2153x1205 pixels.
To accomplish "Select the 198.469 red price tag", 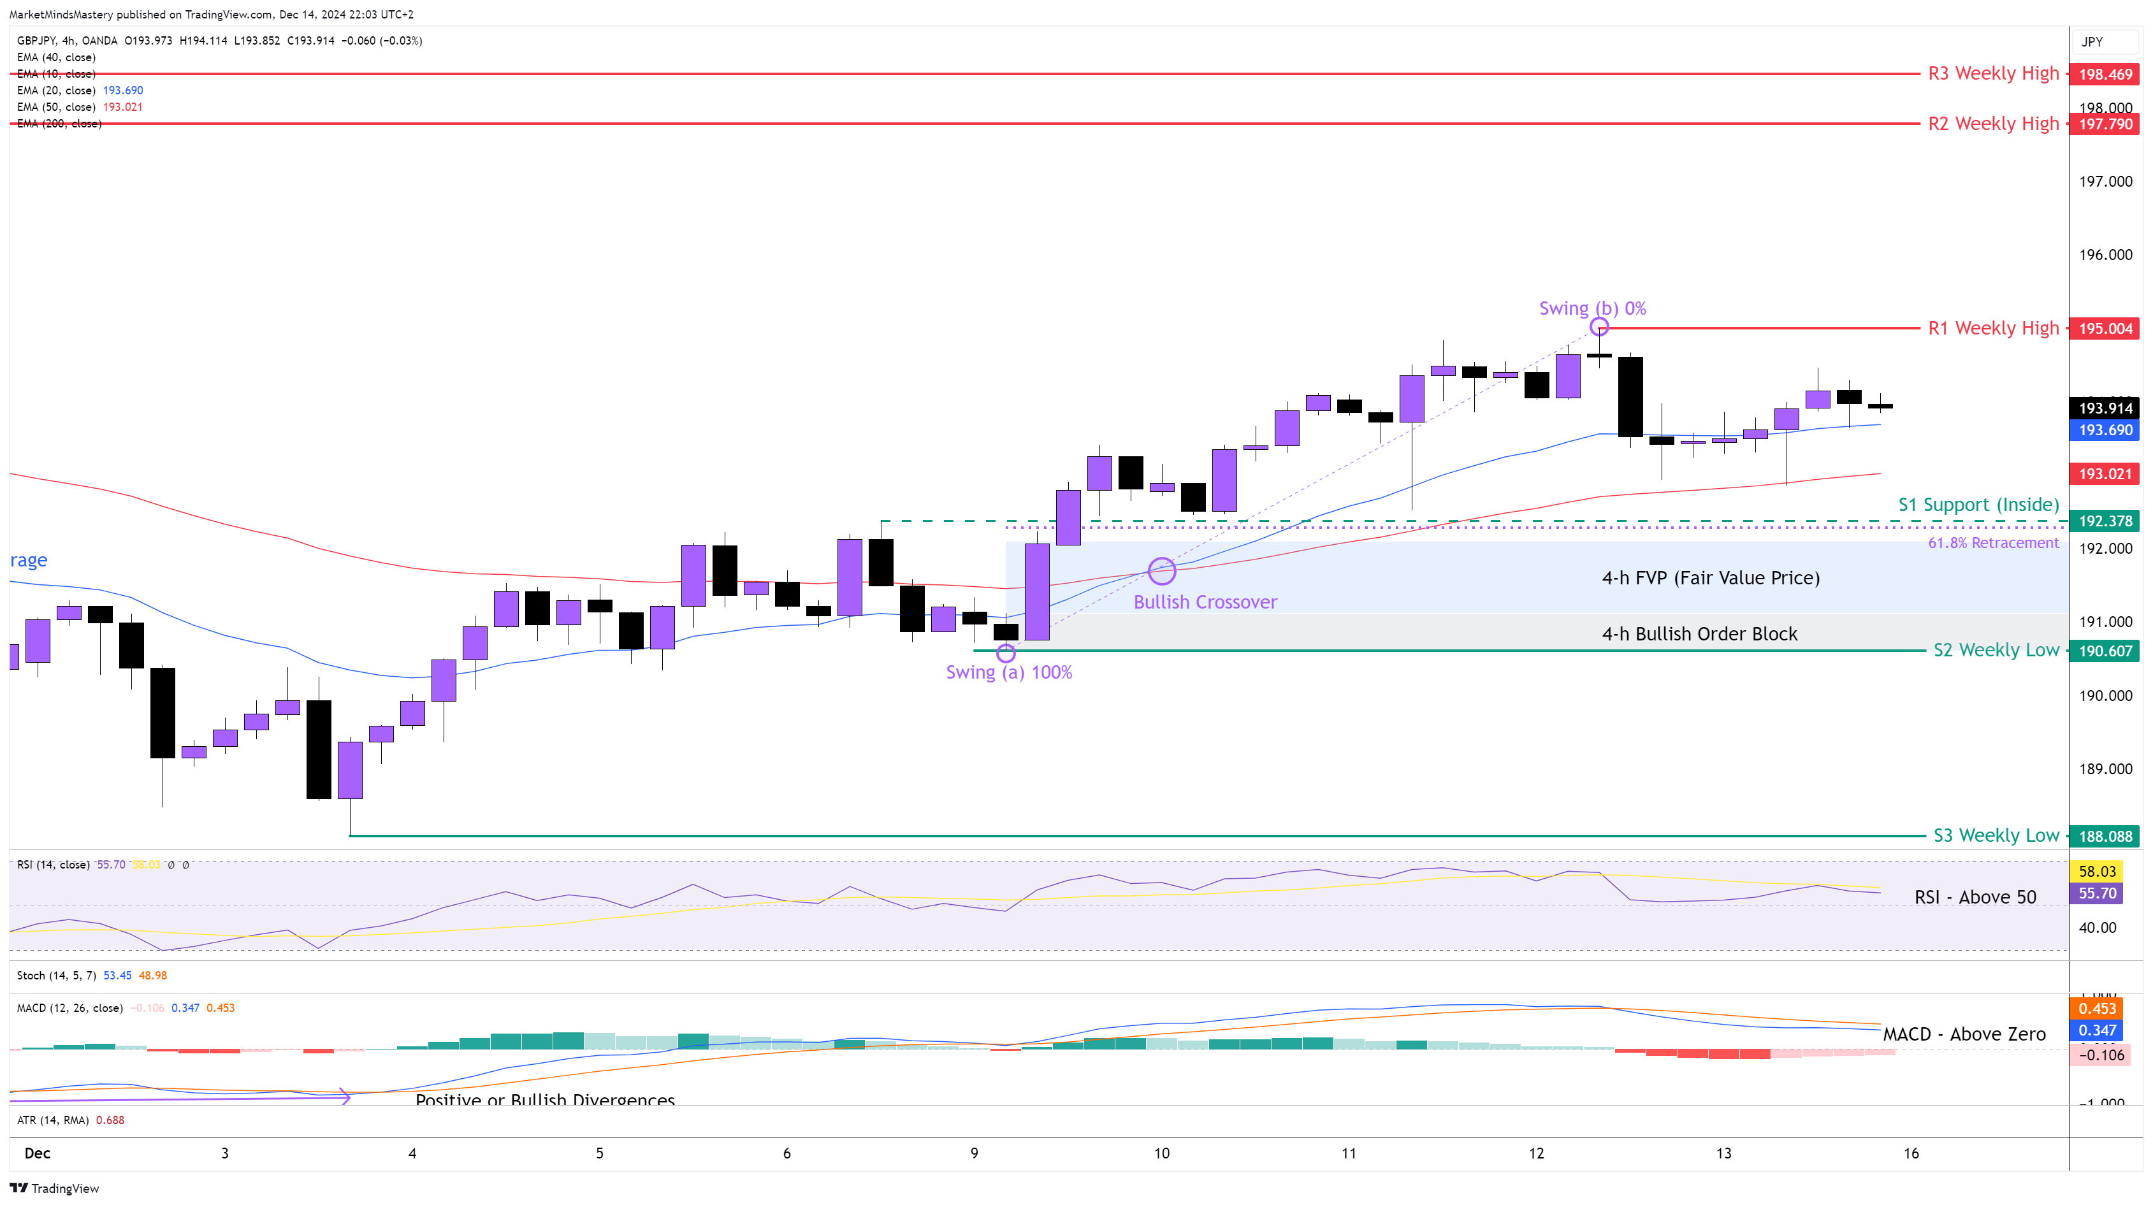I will click(2105, 75).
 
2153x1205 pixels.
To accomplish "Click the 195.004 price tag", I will click(2105, 328).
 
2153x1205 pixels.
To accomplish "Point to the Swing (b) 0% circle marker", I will click(1599, 327).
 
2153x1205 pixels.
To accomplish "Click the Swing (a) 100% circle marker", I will click(1006, 653).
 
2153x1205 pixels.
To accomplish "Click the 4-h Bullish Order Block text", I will click(1699, 634).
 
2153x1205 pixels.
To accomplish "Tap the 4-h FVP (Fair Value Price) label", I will click(1710, 578).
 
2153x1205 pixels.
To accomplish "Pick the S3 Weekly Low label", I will click(1996, 835).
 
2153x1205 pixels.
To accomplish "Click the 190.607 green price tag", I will click(2105, 651).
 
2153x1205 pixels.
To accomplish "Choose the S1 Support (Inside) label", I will click(1978, 505).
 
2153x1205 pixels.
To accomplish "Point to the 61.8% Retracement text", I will click(1994, 543).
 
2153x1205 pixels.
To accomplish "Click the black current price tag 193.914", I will click(2105, 408).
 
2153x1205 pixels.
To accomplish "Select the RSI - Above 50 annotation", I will click(1975, 897).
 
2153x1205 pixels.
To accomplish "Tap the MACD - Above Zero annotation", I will click(1964, 1034).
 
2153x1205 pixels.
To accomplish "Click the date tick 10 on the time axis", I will click(1162, 1154).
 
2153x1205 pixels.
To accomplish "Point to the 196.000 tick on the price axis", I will click(2105, 255).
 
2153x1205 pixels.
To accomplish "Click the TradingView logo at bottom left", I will click(54, 1188).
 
